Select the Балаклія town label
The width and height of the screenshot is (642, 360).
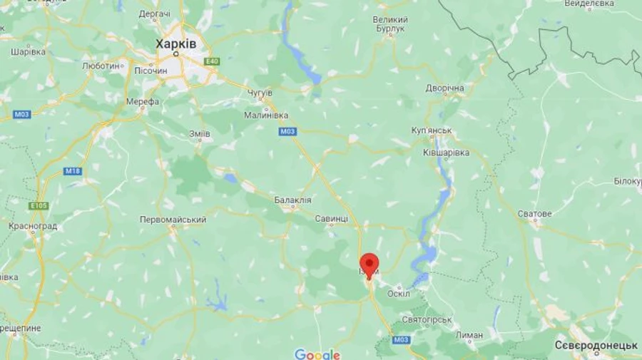[292, 200]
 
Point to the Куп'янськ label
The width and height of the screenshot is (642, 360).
[432, 131]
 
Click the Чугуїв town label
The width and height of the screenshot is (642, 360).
[258, 93]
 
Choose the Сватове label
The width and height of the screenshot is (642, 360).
[535, 214]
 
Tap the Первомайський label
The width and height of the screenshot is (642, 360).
[173, 220]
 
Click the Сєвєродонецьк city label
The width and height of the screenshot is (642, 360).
[596, 345]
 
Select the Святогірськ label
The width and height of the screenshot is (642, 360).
[427, 320]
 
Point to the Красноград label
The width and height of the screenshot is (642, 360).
[33, 226]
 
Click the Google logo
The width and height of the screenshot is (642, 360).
[317, 354]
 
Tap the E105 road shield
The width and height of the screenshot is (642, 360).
[39, 206]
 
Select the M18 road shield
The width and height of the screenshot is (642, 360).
[73, 171]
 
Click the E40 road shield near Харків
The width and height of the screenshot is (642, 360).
[211, 62]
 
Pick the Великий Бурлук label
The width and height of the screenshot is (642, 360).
[390, 24]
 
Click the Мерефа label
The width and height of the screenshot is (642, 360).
[143, 101]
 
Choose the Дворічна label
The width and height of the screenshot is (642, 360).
[445, 88]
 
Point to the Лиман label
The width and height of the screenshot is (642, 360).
[469, 335]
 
